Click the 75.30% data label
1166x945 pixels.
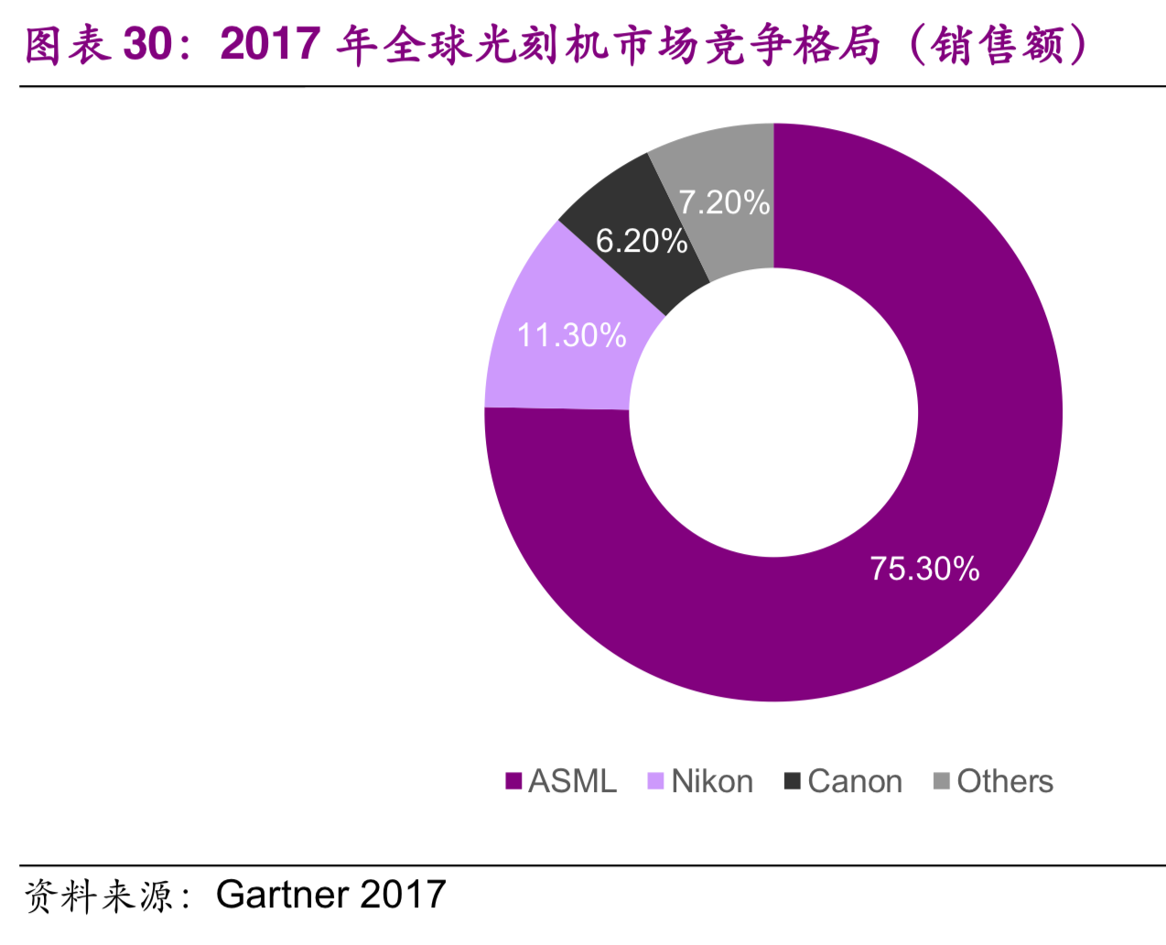924,569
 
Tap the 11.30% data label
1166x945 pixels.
572,335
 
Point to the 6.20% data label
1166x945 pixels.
641,241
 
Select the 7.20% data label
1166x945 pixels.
724,202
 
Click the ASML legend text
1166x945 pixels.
572,781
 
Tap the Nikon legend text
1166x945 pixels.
712,781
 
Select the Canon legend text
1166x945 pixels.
855,781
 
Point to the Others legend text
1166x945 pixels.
1005,781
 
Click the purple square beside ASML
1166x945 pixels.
513,781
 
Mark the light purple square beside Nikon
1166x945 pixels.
655,781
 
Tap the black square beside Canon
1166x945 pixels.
793,781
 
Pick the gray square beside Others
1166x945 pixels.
942,781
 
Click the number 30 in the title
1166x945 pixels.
148,43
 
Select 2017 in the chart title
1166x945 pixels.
270,43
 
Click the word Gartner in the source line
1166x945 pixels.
282,895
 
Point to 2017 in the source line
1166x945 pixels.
404,895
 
